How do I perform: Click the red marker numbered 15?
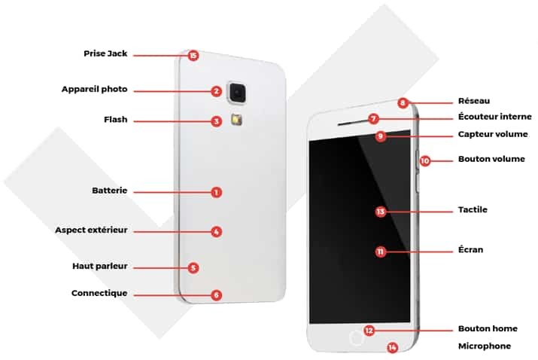click(x=193, y=55)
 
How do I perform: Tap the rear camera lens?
click(x=237, y=92)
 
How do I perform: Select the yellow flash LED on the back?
click(x=237, y=119)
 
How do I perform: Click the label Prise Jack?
click(x=105, y=53)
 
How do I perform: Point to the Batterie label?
click(x=109, y=191)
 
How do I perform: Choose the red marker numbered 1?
click(x=216, y=192)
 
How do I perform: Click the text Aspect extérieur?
click(x=91, y=230)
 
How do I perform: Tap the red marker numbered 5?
click(x=193, y=268)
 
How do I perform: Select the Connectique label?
click(x=99, y=293)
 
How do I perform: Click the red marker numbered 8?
click(x=403, y=102)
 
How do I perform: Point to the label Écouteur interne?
click(x=495, y=117)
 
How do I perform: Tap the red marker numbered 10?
click(x=425, y=160)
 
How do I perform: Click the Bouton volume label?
click(x=491, y=159)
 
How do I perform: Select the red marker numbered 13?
click(x=381, y=212)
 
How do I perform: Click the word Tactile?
click(x=473, y=209)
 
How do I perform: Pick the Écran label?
click(x=470, y=249)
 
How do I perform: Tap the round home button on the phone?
click(x=356, y=338)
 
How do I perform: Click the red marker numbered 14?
click(x=392, y=348)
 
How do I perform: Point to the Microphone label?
click(x=485, y=346)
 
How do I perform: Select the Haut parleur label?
click(x=99, y=266)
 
